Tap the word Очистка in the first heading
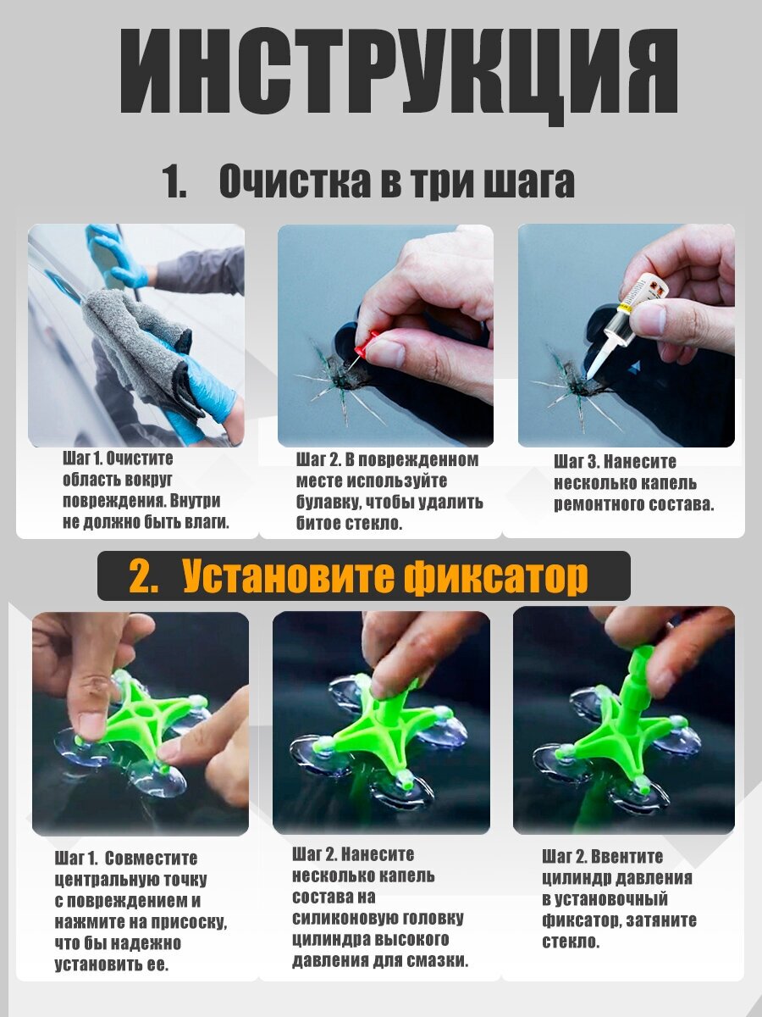pos(295,181)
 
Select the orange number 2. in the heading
pos(144,576)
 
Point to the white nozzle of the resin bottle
pos(599,354)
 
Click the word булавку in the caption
pos(327,503)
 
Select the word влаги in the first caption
pos(207,523)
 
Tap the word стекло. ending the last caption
pos(571,942)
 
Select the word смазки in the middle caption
pos(437,960)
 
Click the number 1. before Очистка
pos(175,181)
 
